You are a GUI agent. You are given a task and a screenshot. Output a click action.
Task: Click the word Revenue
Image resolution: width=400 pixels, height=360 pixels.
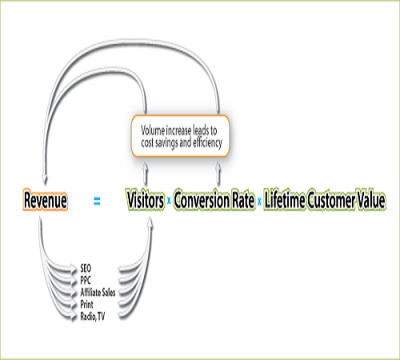46,200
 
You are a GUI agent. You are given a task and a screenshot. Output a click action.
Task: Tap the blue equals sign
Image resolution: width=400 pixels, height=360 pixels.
97,201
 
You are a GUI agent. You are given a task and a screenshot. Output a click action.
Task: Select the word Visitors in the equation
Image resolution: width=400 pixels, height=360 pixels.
146,200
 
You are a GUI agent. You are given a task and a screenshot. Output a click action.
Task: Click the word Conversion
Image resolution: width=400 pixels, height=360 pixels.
202,200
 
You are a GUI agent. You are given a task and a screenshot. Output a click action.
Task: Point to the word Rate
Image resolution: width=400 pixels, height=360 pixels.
243,200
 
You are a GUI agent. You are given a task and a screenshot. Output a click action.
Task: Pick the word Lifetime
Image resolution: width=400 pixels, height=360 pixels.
284,200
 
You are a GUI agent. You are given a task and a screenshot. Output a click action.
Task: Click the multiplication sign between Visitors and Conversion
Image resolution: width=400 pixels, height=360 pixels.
169,201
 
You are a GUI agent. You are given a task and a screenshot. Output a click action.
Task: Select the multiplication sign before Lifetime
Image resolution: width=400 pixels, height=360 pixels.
259,202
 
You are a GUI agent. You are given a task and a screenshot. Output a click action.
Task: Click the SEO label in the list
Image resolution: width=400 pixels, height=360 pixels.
86,268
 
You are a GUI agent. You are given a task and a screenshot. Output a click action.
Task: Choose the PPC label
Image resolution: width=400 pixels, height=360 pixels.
86,280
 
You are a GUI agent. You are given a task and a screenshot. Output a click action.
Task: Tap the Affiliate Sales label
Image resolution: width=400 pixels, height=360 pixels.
98,293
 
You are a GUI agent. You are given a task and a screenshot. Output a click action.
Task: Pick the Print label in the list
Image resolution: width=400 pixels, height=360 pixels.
86,305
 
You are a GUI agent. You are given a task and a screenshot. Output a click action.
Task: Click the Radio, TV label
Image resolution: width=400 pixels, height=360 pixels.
93,317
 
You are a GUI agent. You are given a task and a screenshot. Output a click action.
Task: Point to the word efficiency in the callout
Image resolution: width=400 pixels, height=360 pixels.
207,143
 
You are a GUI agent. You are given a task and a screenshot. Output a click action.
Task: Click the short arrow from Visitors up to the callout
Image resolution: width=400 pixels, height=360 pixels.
146,174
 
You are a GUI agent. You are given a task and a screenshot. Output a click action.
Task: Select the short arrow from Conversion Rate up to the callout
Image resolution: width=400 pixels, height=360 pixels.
218,174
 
